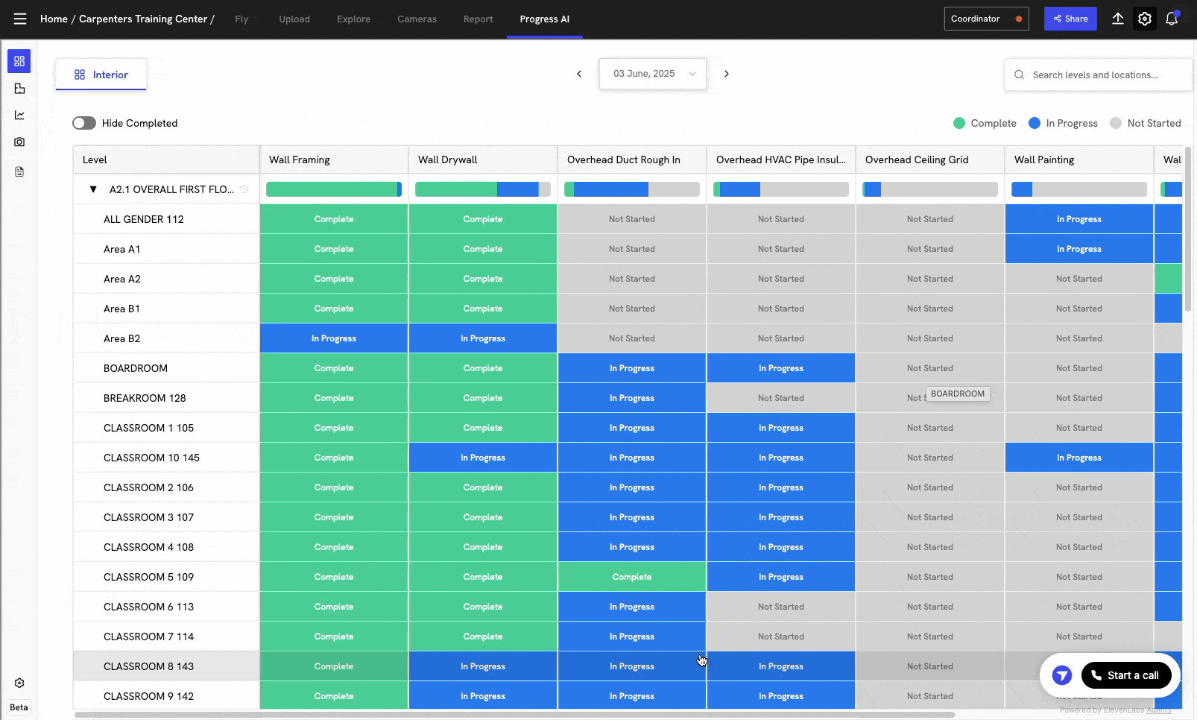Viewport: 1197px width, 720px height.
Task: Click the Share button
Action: click(x=1070, y=19)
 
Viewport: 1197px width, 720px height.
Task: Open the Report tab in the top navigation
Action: click(x=478, y=19)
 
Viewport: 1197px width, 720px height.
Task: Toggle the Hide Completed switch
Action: click(x=84, y=123)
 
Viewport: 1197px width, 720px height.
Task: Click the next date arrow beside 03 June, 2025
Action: click(x=727, y=74)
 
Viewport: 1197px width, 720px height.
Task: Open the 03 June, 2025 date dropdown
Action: click(x=653, y=74)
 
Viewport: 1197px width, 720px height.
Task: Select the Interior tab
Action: click(x=101, y=75)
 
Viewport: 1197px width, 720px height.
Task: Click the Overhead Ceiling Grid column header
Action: click(x=917, y=160)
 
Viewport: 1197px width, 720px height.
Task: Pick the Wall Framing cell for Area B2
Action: click(x=333, y=338)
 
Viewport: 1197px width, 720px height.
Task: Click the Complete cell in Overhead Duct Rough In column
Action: click(x=631, y=577)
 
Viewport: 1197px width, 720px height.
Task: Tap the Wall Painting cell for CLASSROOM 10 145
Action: click(x=1078, y=458)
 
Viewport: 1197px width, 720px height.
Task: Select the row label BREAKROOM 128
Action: click(x=145, y=398)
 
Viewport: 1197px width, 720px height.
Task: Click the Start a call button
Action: click(x=1125, y=675)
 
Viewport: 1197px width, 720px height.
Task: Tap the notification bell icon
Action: click(x=1172, y=19)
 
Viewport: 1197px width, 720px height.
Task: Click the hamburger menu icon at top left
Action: click(x=19, y=19)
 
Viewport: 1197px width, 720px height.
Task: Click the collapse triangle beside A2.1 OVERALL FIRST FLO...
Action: click(x=93, y=189)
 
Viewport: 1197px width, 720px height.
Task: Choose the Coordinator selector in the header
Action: click(x=985, y=19)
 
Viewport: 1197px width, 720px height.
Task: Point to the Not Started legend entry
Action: click(x=1146, y=123)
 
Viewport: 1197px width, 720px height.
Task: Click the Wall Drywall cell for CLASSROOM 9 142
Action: click(x=482, y=696)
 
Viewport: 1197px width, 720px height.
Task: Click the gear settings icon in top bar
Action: click(x=1145, y=19)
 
